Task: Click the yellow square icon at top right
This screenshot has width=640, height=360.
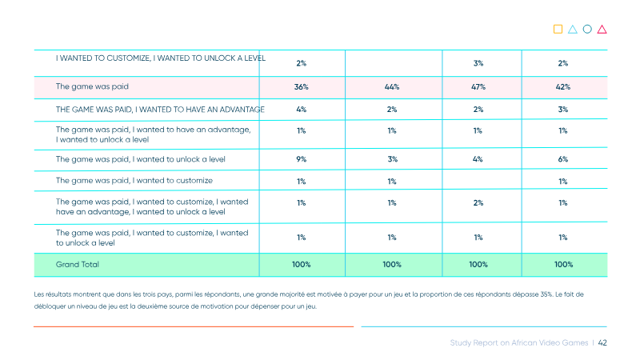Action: (x=558, y=29)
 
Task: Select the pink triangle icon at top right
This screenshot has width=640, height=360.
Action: (x=602, y=30)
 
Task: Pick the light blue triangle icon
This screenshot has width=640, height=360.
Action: (x=573, y=30)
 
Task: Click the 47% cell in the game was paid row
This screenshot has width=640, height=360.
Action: (x=478, y=87)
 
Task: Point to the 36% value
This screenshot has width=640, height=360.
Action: (x=302, y=87)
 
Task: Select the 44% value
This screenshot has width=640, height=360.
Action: (x=392, y=87)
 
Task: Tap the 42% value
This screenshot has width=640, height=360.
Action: (x=563, y=87)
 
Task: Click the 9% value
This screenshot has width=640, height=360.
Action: (x=302, y=159)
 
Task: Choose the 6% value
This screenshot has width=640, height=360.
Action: (x=563, y=159)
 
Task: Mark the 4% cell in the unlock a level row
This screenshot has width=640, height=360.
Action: (x=478, y=159)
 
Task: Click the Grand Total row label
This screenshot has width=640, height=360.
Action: (x=77, y=265)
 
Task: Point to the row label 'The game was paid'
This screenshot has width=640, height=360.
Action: (x=92, y=86)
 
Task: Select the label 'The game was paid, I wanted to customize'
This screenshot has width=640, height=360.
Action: (x=134, y=181)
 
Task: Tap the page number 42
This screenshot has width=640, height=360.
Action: (x=602, y=343)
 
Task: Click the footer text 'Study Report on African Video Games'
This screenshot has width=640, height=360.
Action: (x=519, y=343)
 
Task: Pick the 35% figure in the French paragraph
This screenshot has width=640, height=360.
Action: (x=546, y=294)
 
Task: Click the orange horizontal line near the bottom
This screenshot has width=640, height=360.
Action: (x=194, y=326)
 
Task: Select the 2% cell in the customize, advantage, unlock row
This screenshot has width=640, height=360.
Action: (x=478, y=203)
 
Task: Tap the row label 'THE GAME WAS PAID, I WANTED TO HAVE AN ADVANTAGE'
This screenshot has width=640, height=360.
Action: (x=160, y=110)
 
